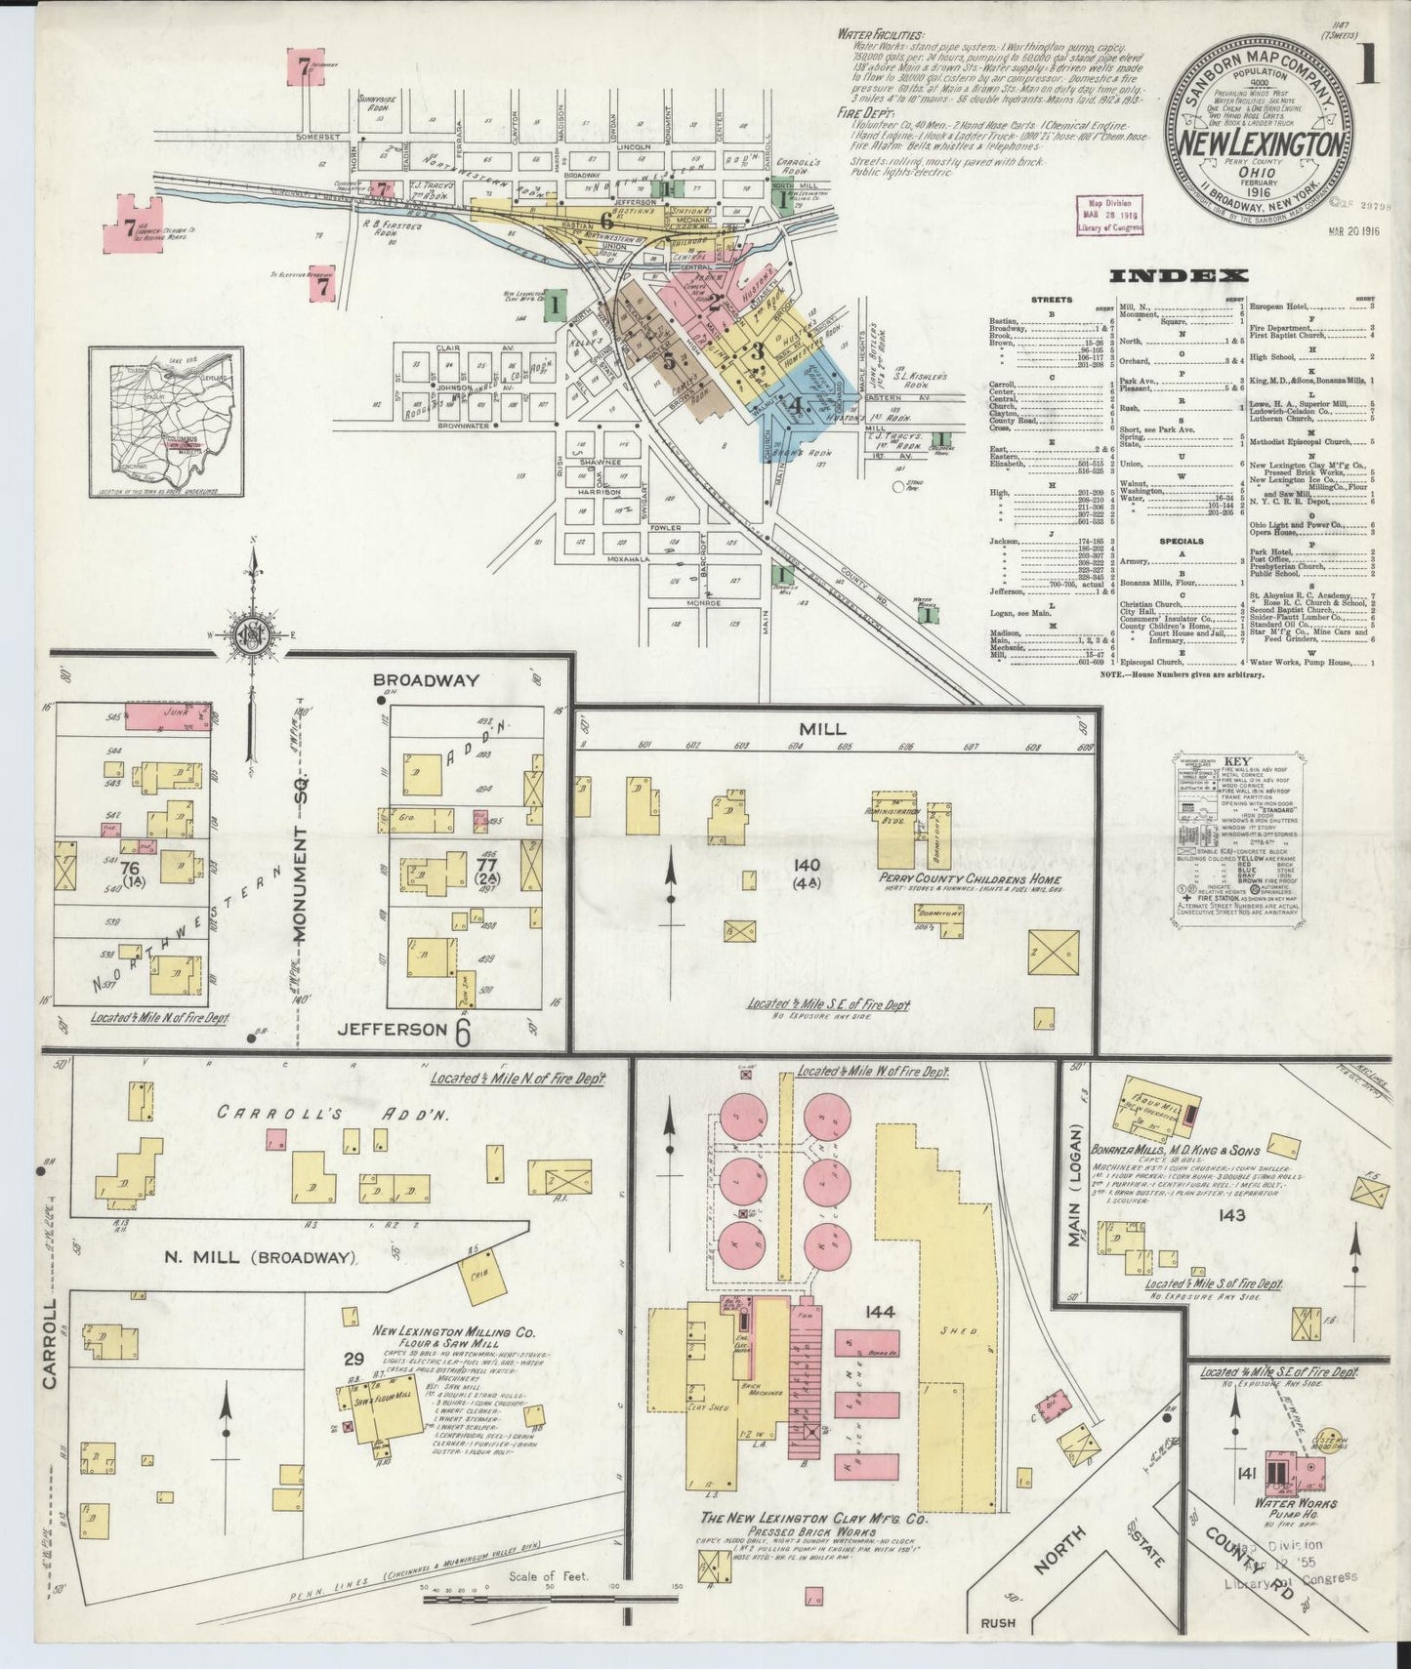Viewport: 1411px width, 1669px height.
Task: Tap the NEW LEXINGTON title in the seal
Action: coord(1261,143)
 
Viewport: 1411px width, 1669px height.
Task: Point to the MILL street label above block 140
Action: coord(822,729)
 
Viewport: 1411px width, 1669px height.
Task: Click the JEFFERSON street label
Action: coord(391,1029)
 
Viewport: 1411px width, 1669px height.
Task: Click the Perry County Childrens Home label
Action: coord(955,879)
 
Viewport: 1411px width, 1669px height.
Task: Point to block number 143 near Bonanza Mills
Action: coord(1232,1215)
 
